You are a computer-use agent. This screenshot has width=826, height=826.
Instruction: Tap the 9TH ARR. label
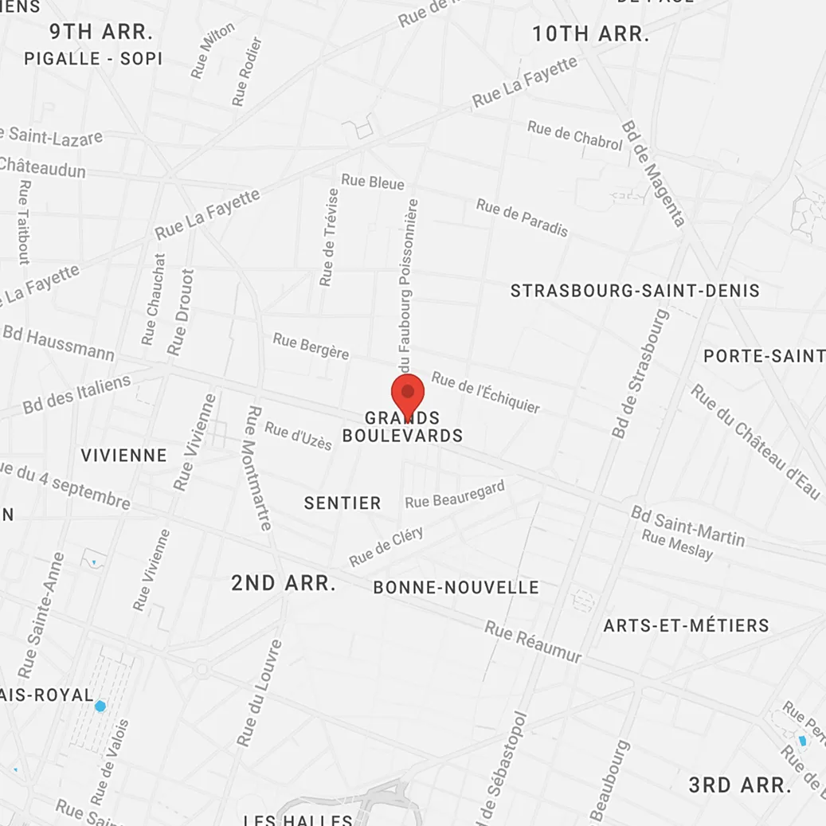101,33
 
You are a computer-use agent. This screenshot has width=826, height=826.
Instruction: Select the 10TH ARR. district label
590,33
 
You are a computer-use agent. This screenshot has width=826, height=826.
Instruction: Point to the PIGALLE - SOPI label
93,59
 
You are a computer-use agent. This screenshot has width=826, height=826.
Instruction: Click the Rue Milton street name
213,49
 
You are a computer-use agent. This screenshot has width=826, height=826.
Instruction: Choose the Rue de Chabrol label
574,135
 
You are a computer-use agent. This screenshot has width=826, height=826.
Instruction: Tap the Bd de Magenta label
653,173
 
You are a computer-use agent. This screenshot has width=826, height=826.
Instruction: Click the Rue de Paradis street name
523,217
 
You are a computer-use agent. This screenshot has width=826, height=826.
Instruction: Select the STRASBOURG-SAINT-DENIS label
635,291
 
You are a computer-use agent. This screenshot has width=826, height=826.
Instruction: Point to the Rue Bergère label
311,346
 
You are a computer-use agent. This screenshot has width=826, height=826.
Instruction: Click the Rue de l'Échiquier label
486,392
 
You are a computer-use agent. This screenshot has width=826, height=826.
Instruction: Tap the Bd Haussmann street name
58,343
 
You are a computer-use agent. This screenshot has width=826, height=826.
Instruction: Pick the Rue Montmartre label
260,468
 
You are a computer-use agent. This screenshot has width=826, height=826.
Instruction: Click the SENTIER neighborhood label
343,503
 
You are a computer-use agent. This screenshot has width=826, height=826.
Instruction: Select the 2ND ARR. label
284,583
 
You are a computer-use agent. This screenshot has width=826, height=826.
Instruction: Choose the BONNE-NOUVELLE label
456,588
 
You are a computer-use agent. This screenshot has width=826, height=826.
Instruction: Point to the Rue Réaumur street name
533,641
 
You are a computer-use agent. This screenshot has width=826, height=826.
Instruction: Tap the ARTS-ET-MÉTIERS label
686,625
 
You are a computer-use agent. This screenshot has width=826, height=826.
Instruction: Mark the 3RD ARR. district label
740,785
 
